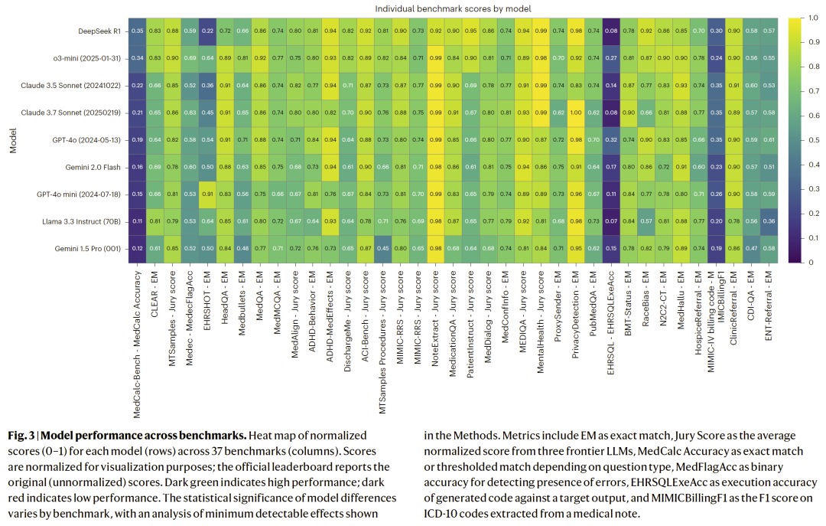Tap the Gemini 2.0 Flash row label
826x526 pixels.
(89, 166)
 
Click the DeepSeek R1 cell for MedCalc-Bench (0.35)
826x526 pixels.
(137, 31)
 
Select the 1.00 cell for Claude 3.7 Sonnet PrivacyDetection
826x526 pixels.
(576, 113)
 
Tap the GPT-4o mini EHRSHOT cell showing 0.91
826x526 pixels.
(206, 194)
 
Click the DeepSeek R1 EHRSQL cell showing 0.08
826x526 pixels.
(610, 31)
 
